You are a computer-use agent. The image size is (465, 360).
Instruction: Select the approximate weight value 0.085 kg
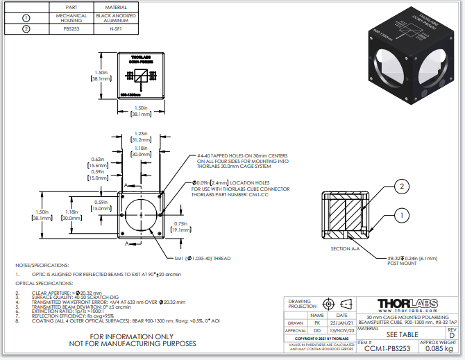[x=438, y=350]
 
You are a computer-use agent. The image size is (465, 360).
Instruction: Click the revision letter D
[x=452, y=334]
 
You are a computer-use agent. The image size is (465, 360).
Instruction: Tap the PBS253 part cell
[x=71, y=28]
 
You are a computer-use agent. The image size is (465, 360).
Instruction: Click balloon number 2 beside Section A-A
[x=400, y=186]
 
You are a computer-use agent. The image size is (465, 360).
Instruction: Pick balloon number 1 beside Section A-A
[x=400, y=216]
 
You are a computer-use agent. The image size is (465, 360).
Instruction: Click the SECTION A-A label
[x=344, y=248]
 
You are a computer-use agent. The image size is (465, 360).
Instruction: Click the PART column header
[x=70, y=6]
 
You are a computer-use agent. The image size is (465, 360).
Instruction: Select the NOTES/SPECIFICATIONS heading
[x=42, y=265]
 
